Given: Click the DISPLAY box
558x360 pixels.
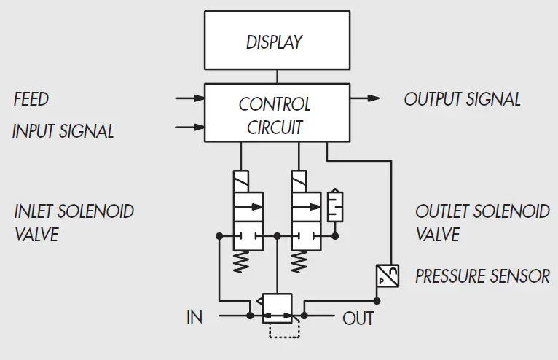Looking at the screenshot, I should tap(275, 42).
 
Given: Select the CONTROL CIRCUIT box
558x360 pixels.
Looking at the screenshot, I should tap(275, 112).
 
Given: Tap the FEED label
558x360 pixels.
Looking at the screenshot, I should tap(31, 99).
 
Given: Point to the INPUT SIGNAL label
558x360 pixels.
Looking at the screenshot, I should tap(63, 131).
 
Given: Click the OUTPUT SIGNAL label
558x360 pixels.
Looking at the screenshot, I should tap(463, 99).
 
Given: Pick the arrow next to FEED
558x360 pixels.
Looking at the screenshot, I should tap(189, 97).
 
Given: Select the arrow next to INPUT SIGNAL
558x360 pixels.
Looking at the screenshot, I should tap(189, 127).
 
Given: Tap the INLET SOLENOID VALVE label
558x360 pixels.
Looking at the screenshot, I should tap(74, 223).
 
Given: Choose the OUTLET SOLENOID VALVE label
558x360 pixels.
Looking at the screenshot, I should tap(482, 223).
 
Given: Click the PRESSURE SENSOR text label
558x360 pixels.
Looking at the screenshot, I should tap(482, 276).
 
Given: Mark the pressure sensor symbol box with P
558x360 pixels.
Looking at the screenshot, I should tap(388, 275).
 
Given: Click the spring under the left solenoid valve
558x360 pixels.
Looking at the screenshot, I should tap(240, 261).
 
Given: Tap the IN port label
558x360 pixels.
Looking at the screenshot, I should tap(194, 318).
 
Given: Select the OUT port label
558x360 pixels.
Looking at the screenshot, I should tap(358, 318).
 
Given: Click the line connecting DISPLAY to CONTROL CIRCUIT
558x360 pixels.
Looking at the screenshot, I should tap(276, 76).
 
